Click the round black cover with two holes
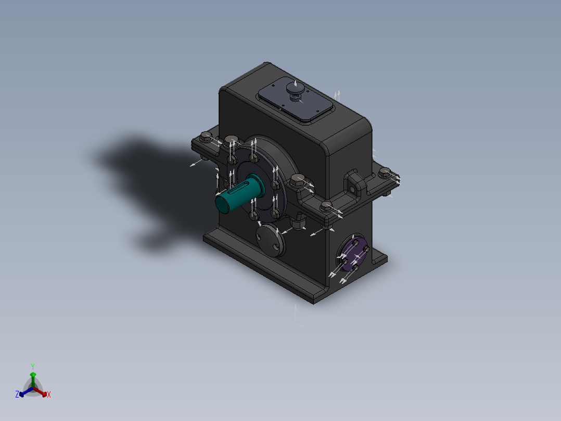pos(271,240)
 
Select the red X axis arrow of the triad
pos(41,392)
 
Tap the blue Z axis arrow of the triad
pos(26,392)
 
